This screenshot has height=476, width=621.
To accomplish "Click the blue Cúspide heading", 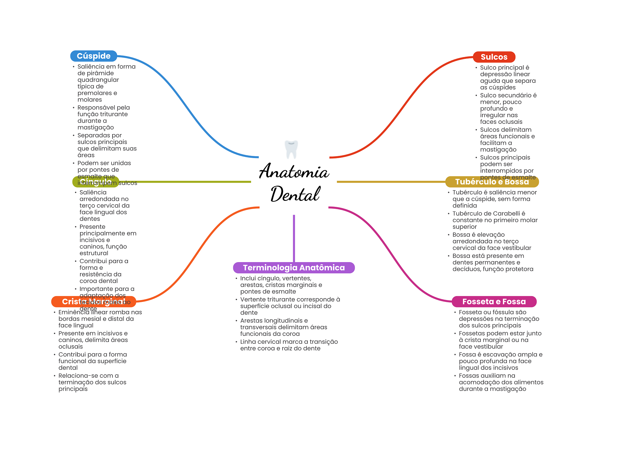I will (x=93, y=56).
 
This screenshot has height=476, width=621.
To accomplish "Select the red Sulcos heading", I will (x=494, y=57).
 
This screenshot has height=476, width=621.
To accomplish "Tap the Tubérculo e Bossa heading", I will (x=492, y=182).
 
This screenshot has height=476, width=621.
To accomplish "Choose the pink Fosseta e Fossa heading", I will (x=494, y=302).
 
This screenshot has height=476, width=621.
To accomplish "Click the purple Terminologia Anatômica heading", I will (x=294, y=268).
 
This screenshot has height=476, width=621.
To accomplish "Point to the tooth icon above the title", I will (x=291, y=149).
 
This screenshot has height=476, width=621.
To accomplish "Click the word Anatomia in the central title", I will (x=294, y=172).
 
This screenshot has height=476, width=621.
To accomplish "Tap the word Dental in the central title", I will (x=295, y=194).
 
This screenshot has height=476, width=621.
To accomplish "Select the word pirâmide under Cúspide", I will (x=99, y=73).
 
